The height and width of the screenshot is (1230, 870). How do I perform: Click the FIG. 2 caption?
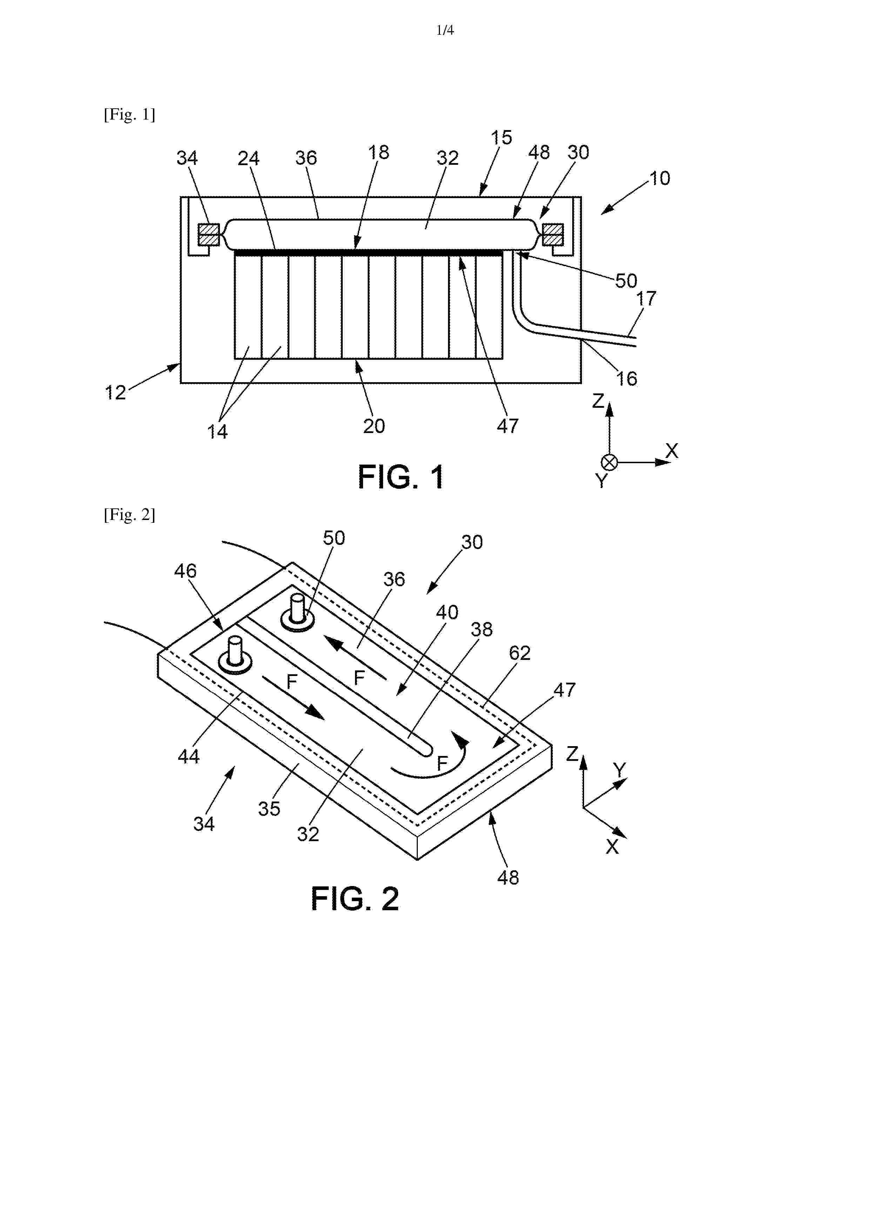point(355,899)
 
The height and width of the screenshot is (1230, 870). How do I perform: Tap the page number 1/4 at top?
point(445,31)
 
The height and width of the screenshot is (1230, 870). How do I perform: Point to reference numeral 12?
point(115,393)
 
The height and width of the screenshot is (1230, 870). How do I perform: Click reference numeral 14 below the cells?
point(217,431)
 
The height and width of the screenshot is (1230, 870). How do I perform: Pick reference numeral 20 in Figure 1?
point(374,426)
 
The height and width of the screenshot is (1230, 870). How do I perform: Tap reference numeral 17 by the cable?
point(646,298)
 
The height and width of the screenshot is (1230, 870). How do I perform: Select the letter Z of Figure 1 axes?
point(598,401)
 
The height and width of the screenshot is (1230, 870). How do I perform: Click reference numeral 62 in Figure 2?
point(520,653)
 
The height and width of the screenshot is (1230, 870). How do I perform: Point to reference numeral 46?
point(185,571)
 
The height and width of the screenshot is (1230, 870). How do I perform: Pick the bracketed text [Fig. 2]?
point(129,515)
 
